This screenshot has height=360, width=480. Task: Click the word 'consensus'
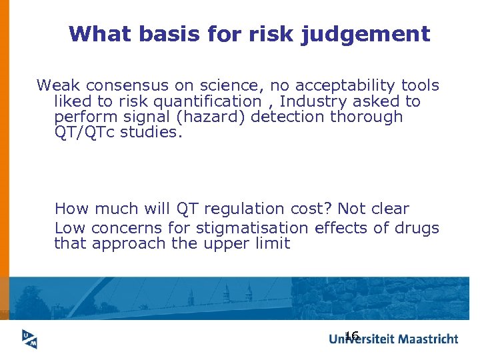tap(124, 85)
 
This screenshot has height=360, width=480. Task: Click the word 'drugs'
tap(416, 228)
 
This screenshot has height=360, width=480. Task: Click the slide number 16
tap(352, 335)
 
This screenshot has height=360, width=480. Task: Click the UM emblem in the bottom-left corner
tap(29, 339)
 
